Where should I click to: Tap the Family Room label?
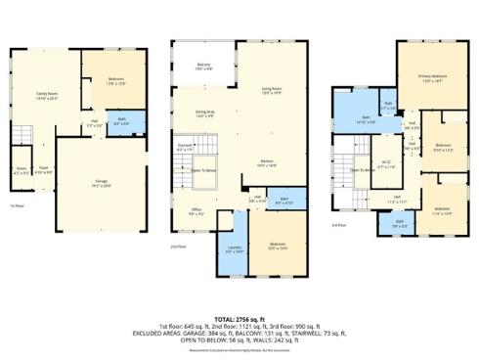pyautogui.click(x=46, y=97)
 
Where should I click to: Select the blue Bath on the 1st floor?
pyautogui.click(x=121, y=123)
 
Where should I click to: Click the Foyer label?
pyautogui.click(x=44, y=170)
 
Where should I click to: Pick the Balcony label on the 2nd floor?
pyautogui.click(x=203, y=67)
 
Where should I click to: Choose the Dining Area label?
pyautogui.click(x=205, y=114)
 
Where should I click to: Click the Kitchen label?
pyautogui.click(x=267, y=164)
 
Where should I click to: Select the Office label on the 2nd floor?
pyautogui.click(x=196, y=211)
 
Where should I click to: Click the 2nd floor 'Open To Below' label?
pyautogui.click(x=203, y=170)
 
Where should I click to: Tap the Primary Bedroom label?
pyautogui.click(x=432, y=78)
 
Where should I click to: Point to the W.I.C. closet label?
pyautogui.click(x=386, y=164)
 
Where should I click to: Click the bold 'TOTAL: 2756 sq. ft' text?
pyautogui.click(x=239, y=319)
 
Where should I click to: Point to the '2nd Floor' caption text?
pyautogui.click(x=178, y=247)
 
